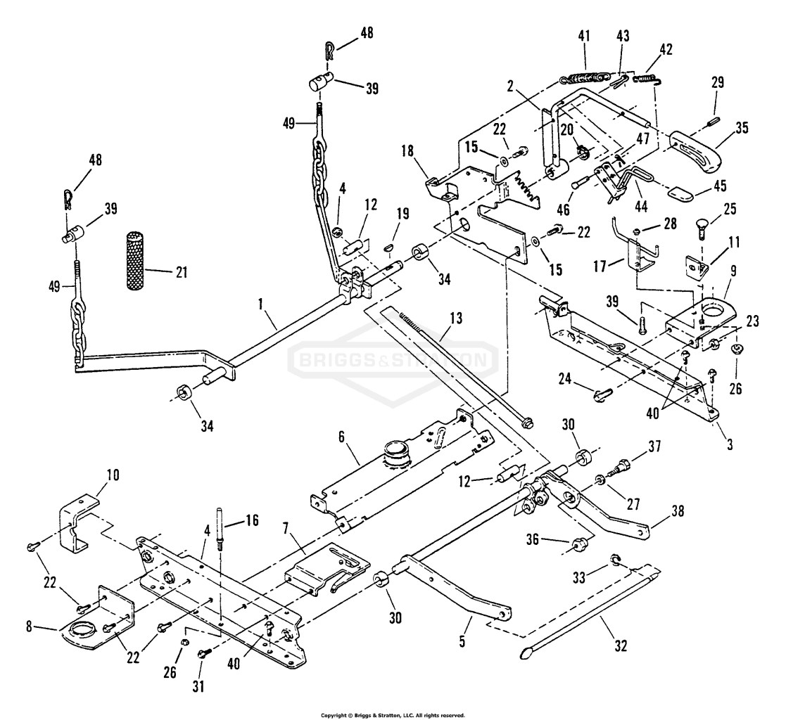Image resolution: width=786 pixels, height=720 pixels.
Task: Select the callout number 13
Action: [x=456, y=318]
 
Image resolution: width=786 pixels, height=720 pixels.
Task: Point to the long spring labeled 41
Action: [x=585, y=77]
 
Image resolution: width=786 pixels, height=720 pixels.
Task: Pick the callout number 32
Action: [x=620, y=646]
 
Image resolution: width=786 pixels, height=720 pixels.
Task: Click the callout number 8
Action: [x=29, y=626]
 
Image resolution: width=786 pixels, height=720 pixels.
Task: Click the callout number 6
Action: [x=341, y=437]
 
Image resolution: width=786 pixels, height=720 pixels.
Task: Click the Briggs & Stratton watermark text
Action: [x=393, y=360]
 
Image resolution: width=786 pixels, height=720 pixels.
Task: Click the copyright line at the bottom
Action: [x=393, y=715]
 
